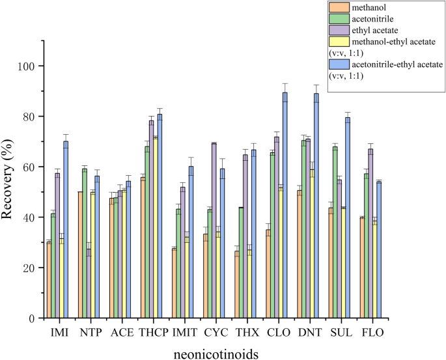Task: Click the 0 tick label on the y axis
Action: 31,318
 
